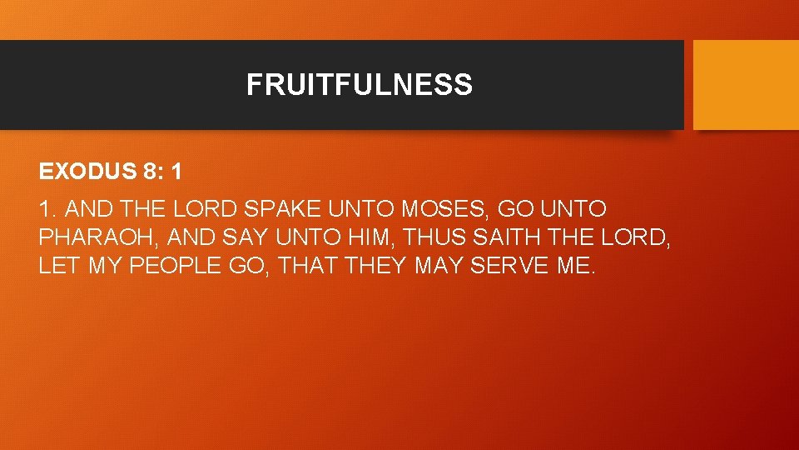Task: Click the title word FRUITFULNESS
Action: (359, 85)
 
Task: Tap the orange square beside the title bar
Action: (746, 85)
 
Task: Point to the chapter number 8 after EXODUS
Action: (151, 172)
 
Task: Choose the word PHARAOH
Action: (99, 237)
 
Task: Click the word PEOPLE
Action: (170, 266)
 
